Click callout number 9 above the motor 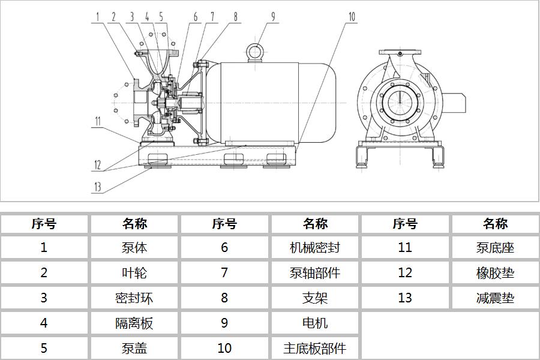click(273, 16)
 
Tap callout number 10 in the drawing click(352, 16)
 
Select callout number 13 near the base click(97, 187)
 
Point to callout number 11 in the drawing click(97, 121)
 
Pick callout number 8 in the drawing click(236, 16)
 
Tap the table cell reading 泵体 click(134, 247)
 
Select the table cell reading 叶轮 click(134, 272)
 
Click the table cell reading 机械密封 click(314, 247)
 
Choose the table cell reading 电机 click(314, 323)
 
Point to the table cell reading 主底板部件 click(314, 348)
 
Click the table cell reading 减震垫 click(495, 298)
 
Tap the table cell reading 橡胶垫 click(495, 272)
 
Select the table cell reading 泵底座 click(495, 247)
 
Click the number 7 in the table click(224, 272)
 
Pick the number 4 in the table click(44, 323)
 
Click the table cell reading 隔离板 click(134, 323)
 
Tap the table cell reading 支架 click(314, 298)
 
